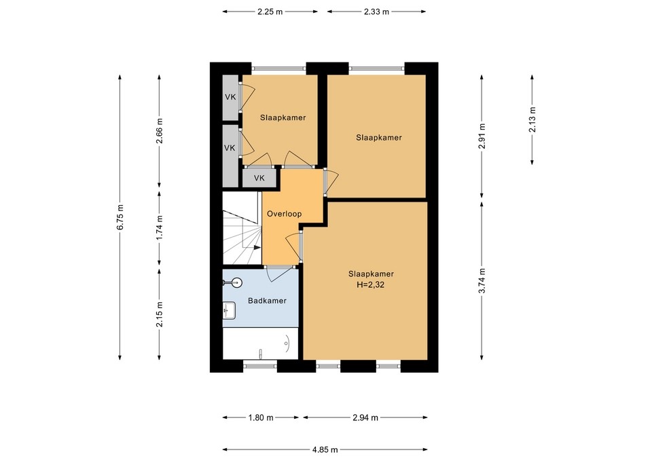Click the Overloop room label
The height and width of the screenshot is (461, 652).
[x=284, y=213]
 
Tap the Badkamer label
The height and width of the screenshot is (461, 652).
[x=266, y=301]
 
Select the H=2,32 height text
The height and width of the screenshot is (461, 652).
[x=371, y=285]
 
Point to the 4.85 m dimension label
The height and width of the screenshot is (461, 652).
[x=325, y=449]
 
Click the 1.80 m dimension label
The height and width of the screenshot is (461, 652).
[x=261, y=418]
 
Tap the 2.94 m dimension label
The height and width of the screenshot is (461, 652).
[x=365, y=418]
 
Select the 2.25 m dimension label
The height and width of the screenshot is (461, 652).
[x=270, y=12]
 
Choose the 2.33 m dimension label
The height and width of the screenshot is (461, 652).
[x=376, y=12]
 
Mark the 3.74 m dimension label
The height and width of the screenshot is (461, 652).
[x=482, y=280]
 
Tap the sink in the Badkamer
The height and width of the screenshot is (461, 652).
[x=230, y=310]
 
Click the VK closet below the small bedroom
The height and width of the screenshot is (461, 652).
[x=259, y=178]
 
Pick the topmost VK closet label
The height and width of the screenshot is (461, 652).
[x=230, y=96]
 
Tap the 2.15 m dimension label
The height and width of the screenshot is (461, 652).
[x=160, y=314]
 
